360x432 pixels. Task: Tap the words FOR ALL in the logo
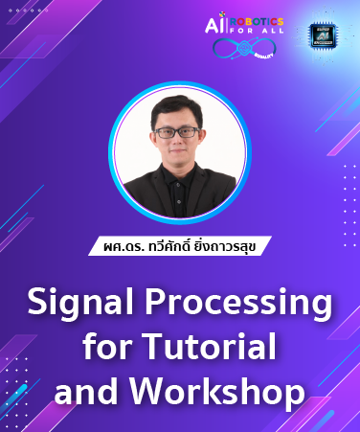click(x=259, y=35)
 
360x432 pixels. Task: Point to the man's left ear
click(x=203, y=140)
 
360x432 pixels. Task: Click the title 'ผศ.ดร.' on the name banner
click(x=124, y=245)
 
